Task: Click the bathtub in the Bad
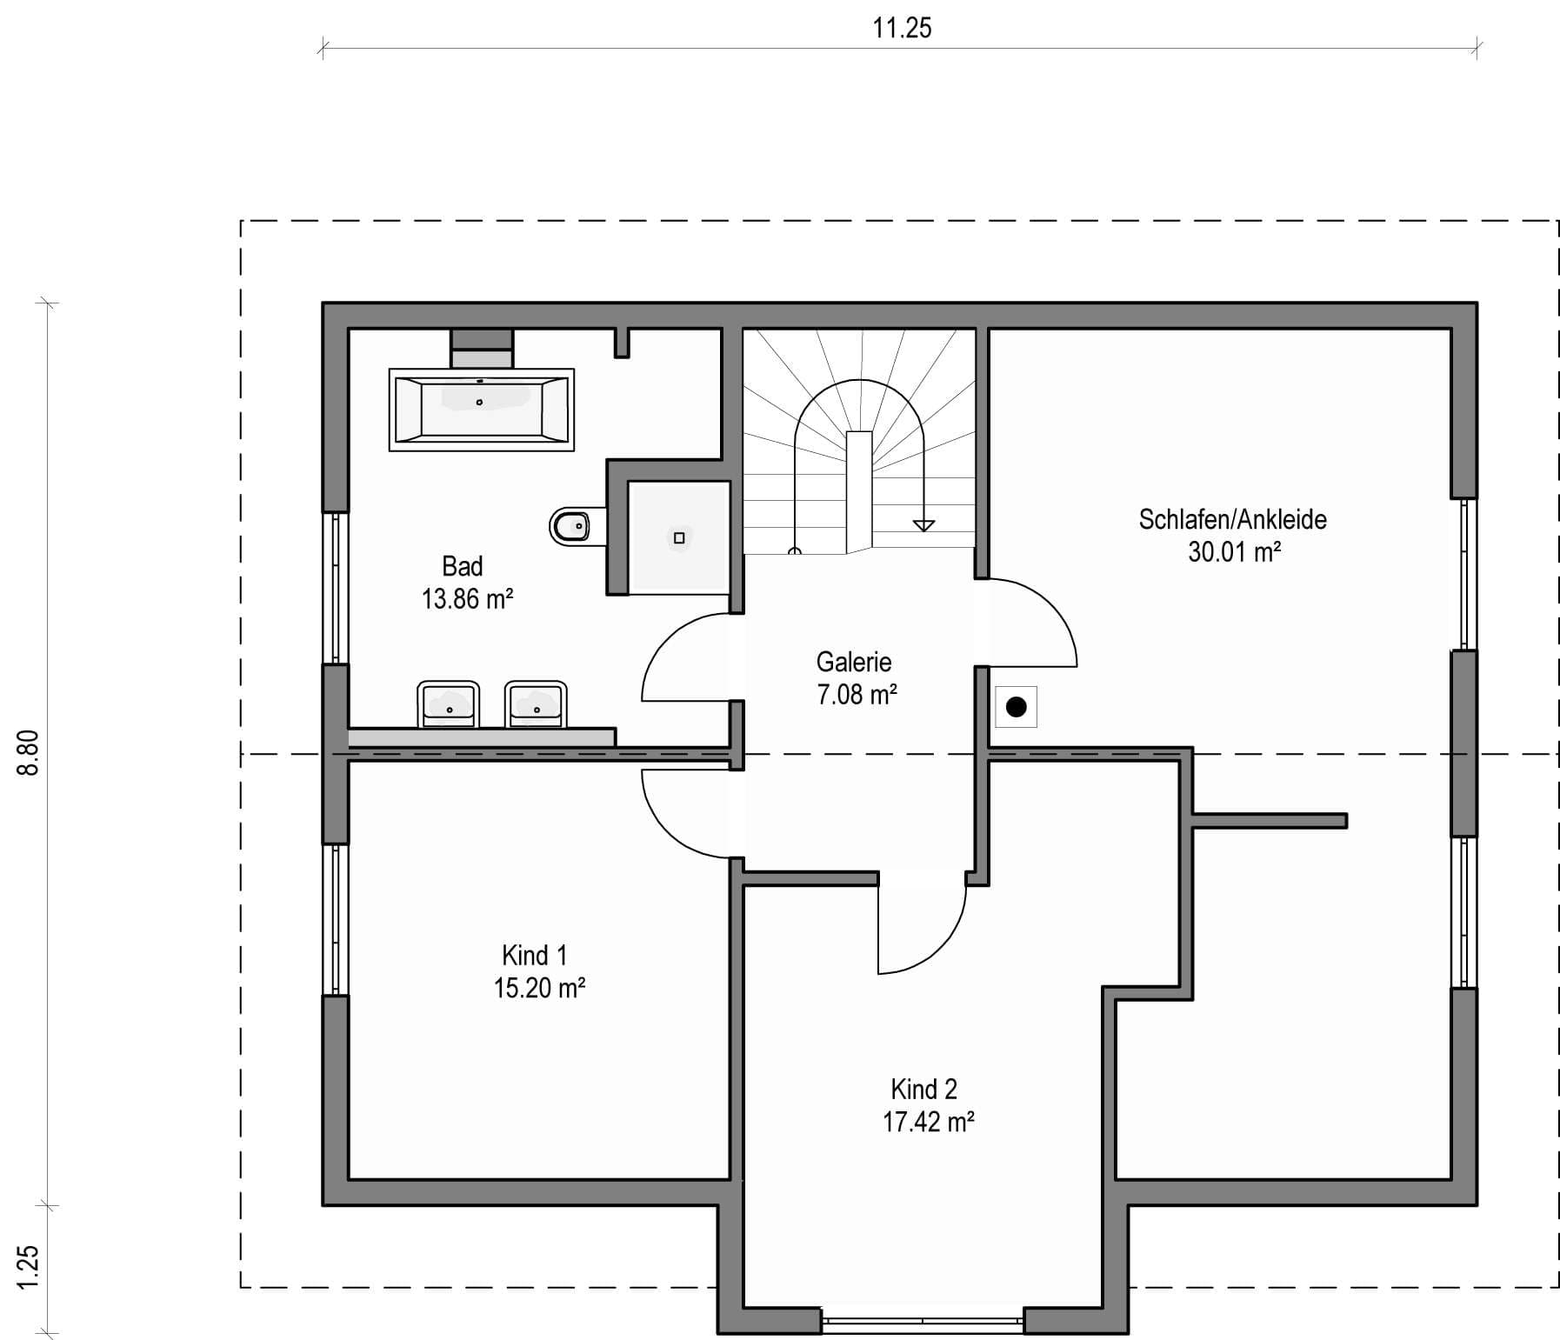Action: click(481, 410)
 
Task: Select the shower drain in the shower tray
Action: click(679, 538)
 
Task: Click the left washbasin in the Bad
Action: click(449, 704)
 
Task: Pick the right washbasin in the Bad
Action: click(536, 704)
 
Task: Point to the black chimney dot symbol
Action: click(1016, 707)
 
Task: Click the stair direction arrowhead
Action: click(923, 525)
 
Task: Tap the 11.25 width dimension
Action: click(902, 28)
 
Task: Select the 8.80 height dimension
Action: click(29, 753)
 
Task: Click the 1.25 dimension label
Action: click(29, 1269)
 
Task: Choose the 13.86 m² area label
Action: click(467, 599)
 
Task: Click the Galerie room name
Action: click(854, 663)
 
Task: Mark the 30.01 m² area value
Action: click(1234, 551)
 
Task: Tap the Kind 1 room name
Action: click(535, 956)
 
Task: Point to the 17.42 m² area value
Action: click(928, 1122)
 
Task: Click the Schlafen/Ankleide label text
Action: click(1233, 520)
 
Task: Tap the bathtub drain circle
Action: click(479, 403)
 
